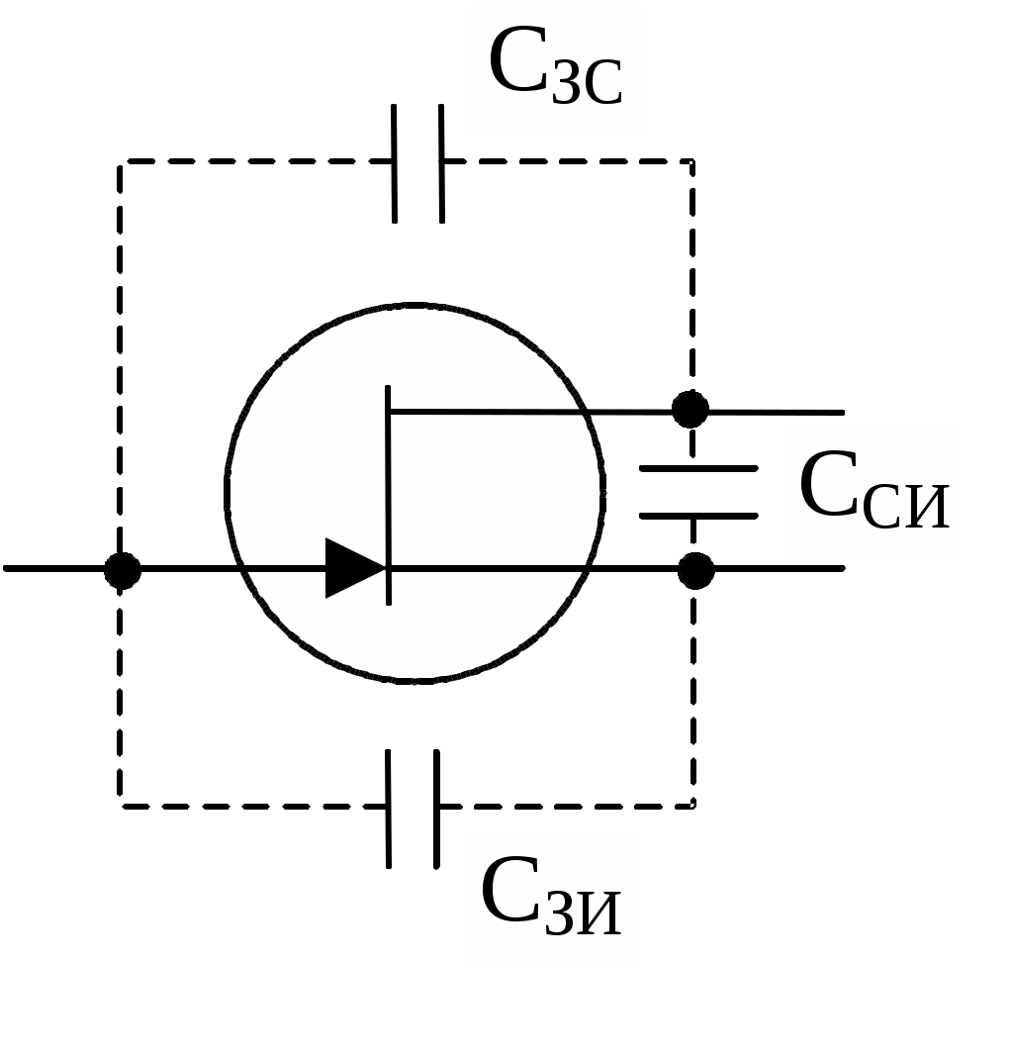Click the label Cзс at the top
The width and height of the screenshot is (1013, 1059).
555,66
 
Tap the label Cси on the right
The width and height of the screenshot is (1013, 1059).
874,490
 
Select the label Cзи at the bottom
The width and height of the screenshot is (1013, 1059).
551,896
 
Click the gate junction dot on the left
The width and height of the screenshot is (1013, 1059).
122,570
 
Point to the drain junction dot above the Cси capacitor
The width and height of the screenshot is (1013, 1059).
690,410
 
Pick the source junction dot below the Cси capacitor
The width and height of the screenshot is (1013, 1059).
695,570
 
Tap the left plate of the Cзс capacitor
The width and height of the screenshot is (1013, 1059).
394,163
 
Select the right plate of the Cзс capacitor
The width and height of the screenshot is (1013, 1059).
441,163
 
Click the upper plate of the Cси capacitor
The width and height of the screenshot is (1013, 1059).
698,468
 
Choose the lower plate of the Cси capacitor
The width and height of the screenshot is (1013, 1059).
698,516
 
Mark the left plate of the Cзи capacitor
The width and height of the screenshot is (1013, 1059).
388,809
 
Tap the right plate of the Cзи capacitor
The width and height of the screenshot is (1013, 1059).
436,809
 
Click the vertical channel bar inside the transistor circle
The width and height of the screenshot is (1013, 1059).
388,495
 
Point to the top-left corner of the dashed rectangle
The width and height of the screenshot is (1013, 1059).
120,162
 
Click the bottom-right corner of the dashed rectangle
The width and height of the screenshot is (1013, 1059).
693,806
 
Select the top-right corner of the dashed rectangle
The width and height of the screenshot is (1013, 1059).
692,162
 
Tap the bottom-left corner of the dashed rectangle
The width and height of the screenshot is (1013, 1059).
120,806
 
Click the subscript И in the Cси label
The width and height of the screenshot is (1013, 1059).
927,508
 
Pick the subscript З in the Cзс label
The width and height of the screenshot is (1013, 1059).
566,85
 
